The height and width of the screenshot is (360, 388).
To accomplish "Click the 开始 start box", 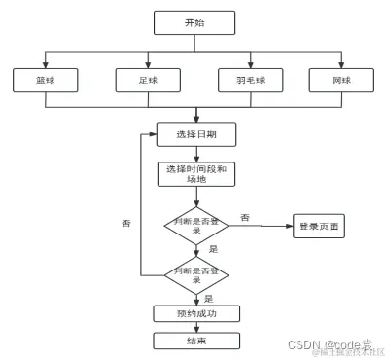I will coord(194,22).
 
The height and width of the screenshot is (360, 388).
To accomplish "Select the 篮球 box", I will coord(42,80).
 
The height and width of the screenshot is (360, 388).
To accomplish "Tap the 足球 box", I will coord(145,80).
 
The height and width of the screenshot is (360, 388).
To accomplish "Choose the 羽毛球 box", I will coord(246,80).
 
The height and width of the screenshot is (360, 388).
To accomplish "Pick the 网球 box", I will coord(339,80).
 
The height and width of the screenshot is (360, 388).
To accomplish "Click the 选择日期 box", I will coord(194,133).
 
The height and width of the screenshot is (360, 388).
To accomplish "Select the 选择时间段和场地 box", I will coord(194,174).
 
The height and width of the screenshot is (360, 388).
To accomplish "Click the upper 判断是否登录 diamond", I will coord(194,225).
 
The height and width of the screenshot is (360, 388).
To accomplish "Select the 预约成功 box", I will coord(194,313).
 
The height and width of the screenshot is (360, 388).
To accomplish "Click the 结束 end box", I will coord(194,341).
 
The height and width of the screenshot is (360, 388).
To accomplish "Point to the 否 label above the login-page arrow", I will coord(244,217).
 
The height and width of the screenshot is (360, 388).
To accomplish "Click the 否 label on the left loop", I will coord(125,224).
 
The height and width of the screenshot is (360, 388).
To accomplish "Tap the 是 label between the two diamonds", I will coord(212,249).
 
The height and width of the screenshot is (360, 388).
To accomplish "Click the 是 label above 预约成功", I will coord(208,299).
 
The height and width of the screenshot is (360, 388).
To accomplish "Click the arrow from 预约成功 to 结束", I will coord(195,327).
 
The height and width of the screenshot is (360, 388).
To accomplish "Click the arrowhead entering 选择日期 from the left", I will coord(153,133).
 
